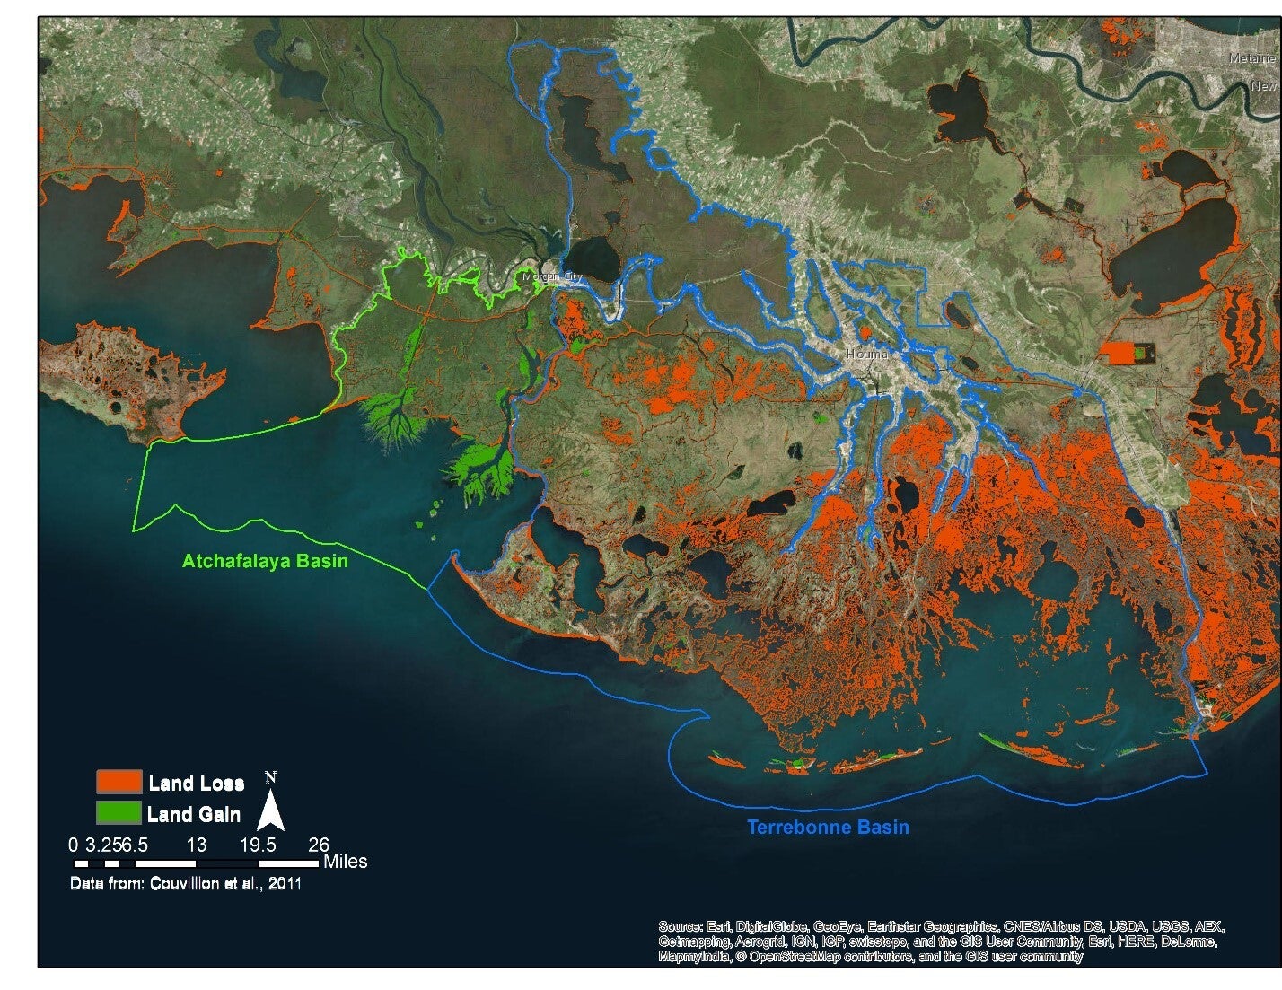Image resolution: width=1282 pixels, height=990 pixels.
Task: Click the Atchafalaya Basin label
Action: [265, 561]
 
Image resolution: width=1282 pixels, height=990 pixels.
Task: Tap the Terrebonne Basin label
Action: [828, 827]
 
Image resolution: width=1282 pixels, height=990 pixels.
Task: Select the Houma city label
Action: [866, 354]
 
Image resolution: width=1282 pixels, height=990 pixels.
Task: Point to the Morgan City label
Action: [552, 277]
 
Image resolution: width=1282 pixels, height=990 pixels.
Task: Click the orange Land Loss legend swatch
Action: [119, 782]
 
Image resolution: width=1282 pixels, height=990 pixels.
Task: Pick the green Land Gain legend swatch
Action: [119, 813]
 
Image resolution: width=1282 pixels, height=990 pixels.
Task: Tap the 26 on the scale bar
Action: [319, 845]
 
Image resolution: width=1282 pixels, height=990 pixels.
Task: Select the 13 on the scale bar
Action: [197, 845]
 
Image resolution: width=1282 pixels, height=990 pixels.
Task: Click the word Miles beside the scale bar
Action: [345, 862]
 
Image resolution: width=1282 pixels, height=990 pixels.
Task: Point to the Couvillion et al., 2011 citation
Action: [225, 884]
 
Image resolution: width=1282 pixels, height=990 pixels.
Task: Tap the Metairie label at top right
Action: [1251, 58]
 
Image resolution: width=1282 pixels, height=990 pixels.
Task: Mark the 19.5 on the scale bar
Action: [258, 845]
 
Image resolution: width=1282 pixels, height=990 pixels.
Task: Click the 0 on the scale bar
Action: [73, 845]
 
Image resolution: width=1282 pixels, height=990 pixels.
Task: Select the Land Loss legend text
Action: [197, 784]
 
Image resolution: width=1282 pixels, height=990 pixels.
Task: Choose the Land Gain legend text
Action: [194, 814]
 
